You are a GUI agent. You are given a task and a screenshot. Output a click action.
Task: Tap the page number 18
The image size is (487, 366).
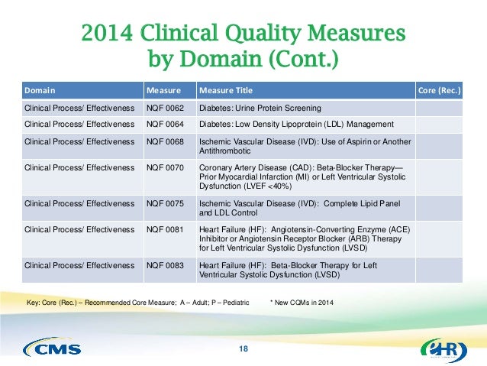[243, 349]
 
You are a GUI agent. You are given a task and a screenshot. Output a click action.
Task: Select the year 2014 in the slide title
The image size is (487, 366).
[108, 35]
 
